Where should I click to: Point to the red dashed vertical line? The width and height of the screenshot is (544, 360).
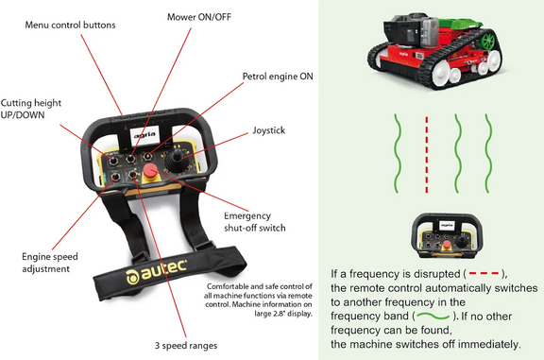(x=427, y=151)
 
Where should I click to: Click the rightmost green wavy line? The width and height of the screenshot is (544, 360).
(x=488, y=151)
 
